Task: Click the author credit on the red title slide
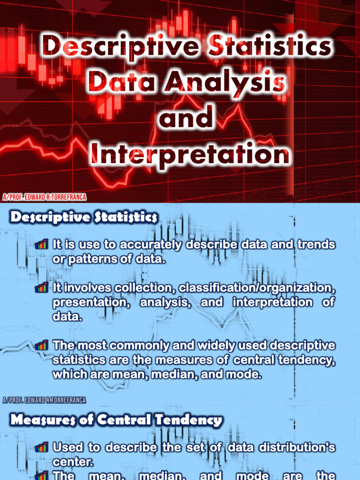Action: point(44,197)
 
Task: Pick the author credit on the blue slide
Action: point(44,400)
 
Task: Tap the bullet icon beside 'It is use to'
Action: point(42,244)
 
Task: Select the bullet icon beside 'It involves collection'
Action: point(42,287)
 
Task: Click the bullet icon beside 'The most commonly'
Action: point(42,346)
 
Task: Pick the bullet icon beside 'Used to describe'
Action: point(42,447)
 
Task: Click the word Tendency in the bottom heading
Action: point(184,420)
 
